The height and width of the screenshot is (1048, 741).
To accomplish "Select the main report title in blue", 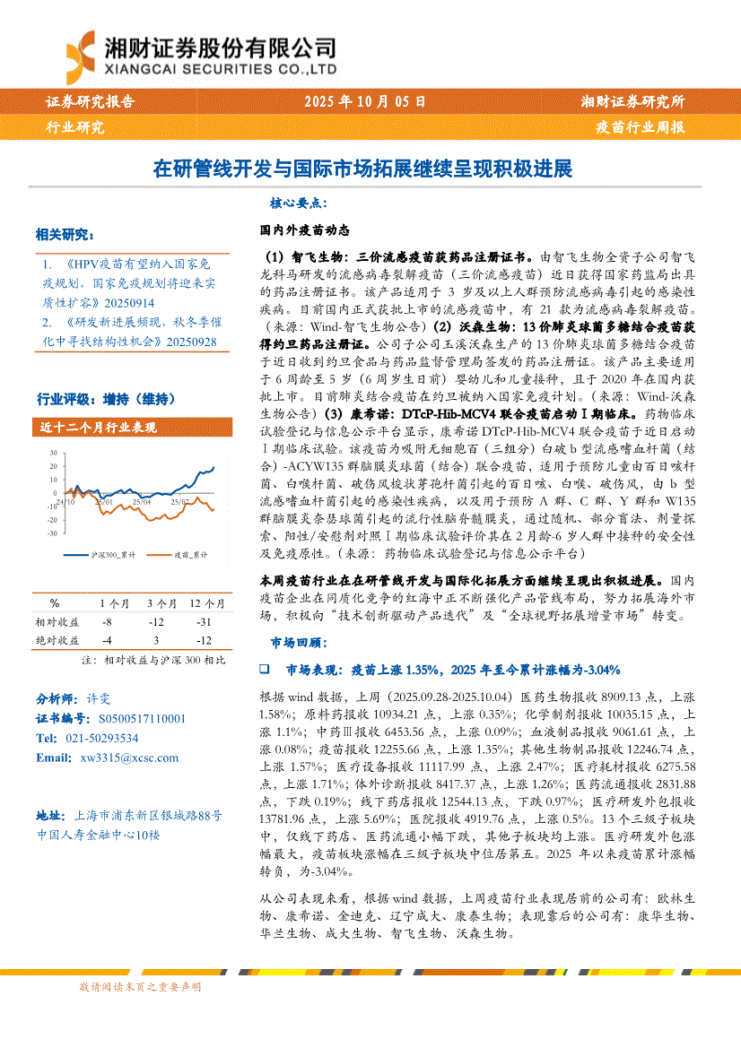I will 362,169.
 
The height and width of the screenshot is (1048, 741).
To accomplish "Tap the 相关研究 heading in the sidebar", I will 64,235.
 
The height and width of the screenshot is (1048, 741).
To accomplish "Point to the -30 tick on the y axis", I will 53,533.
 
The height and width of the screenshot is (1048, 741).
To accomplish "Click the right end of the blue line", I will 214,466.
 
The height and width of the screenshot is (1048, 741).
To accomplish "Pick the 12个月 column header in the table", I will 206,602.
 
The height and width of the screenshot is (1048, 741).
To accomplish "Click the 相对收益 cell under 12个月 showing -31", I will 206,621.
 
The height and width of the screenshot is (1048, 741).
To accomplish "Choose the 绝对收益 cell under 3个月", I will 156,640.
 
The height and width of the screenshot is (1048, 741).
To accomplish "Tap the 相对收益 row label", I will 57,621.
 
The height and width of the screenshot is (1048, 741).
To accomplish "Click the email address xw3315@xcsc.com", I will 129,758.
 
